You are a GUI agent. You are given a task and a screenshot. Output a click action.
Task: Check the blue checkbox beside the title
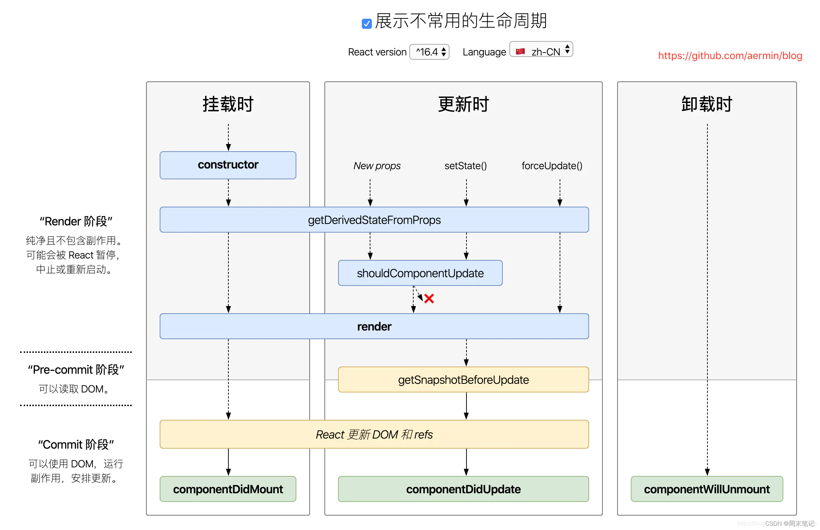click(366, 24)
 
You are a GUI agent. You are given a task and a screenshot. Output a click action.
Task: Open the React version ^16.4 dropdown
click(429, 52)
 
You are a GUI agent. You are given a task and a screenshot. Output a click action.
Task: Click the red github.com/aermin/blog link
click(730, 55)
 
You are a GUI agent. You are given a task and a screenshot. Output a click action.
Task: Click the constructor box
click(228, 165)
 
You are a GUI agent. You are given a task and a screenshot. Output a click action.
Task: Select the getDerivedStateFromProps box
click(374, 220)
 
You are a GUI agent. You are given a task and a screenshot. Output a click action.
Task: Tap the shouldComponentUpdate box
click(420, 273)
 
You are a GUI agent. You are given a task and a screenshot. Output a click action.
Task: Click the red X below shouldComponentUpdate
click(429, 298)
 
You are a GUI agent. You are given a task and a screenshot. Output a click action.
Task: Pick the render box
click(374, 326)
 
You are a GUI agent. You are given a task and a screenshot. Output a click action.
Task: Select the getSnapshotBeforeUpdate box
click(463, 379)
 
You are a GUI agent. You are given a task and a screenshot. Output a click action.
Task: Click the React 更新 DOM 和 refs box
click(374, 434)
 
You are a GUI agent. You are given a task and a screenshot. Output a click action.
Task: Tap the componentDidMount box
click(228, 489)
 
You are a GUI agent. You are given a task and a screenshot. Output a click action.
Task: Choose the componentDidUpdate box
click(463, 489)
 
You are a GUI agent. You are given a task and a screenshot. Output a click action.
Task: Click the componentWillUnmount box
click(707, 489)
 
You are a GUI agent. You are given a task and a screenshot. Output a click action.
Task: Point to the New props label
click(377, 166)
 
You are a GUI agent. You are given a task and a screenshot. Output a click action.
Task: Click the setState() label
click(465, 166)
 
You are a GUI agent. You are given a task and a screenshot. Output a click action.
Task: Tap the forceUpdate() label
click(552, 166)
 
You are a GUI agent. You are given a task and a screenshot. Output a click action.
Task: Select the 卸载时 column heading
click(707, 104)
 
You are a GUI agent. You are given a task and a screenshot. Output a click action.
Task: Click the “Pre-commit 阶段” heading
click(76, 369)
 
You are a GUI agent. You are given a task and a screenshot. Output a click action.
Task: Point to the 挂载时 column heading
click(228, 104)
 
